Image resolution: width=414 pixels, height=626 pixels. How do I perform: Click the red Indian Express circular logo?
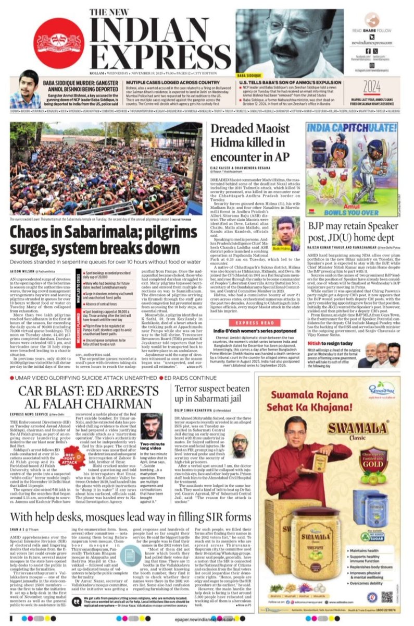coord(58,43)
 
